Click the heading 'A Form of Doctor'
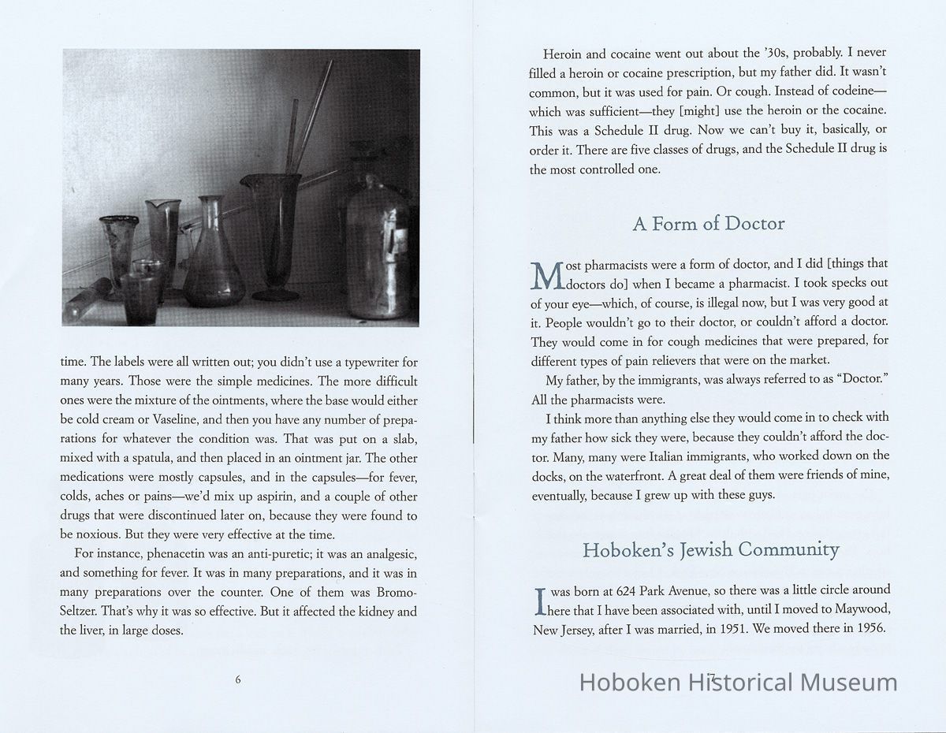(709, 224)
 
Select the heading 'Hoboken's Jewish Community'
(710, 550)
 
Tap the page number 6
(237, 680)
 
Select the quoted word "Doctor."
(858, 380)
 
